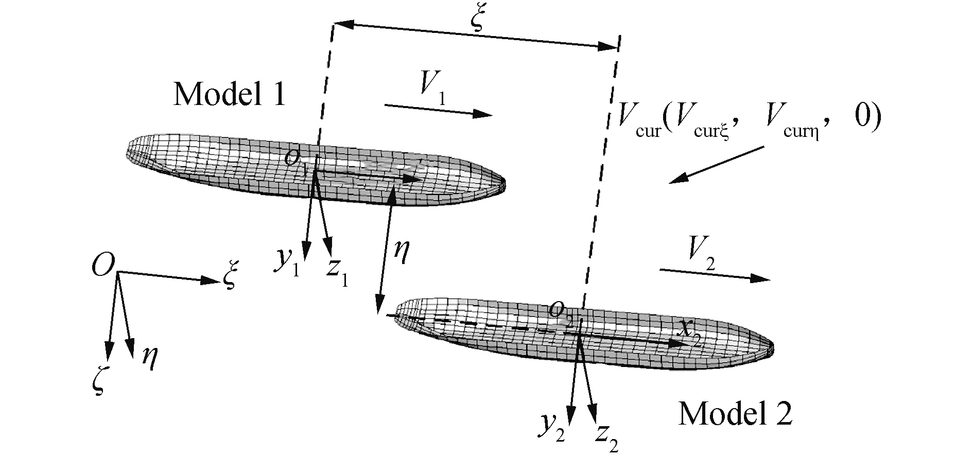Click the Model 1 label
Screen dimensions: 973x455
[x=229, y=95]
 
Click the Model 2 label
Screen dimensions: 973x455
[x=735, y=413]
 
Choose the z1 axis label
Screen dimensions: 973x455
[x=338, y=272]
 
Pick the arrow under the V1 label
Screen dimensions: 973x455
[x=438, y=110]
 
